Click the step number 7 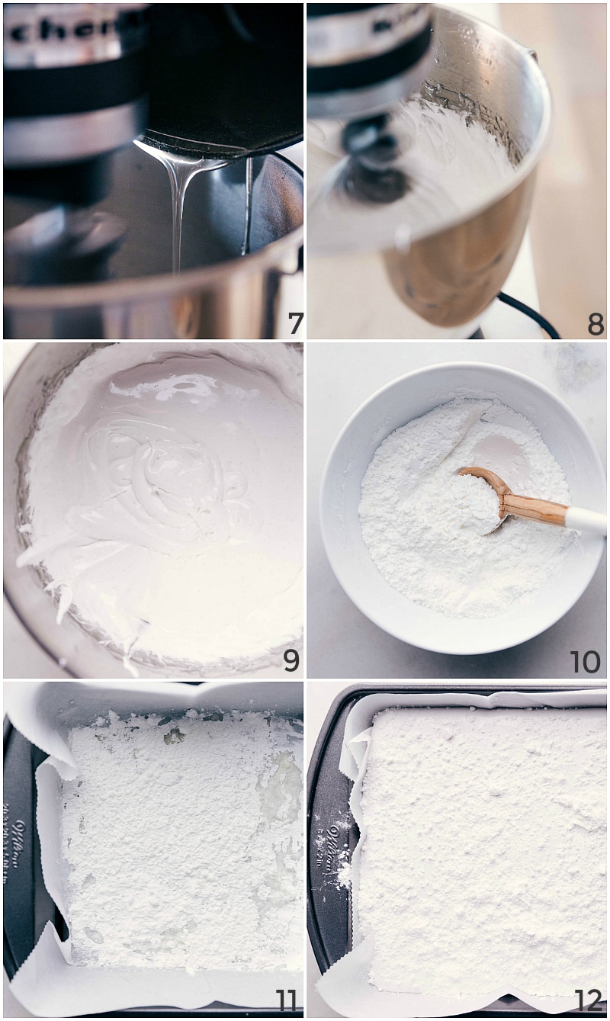tap(292, 324)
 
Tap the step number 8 tap(595, 324)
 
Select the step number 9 tap(291, 660)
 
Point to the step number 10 tap(586, 662)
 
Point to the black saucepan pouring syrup tap(221, 84)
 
